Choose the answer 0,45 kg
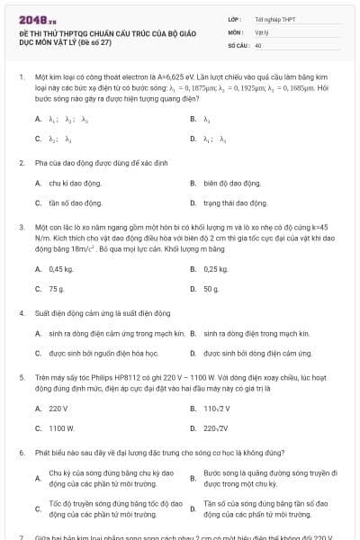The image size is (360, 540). pos(60,269)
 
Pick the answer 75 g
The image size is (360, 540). pos(56,289)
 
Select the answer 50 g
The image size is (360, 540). pos(211,289)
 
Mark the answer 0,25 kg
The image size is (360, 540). pos(216,269)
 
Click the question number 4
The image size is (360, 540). pos(21,313)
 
